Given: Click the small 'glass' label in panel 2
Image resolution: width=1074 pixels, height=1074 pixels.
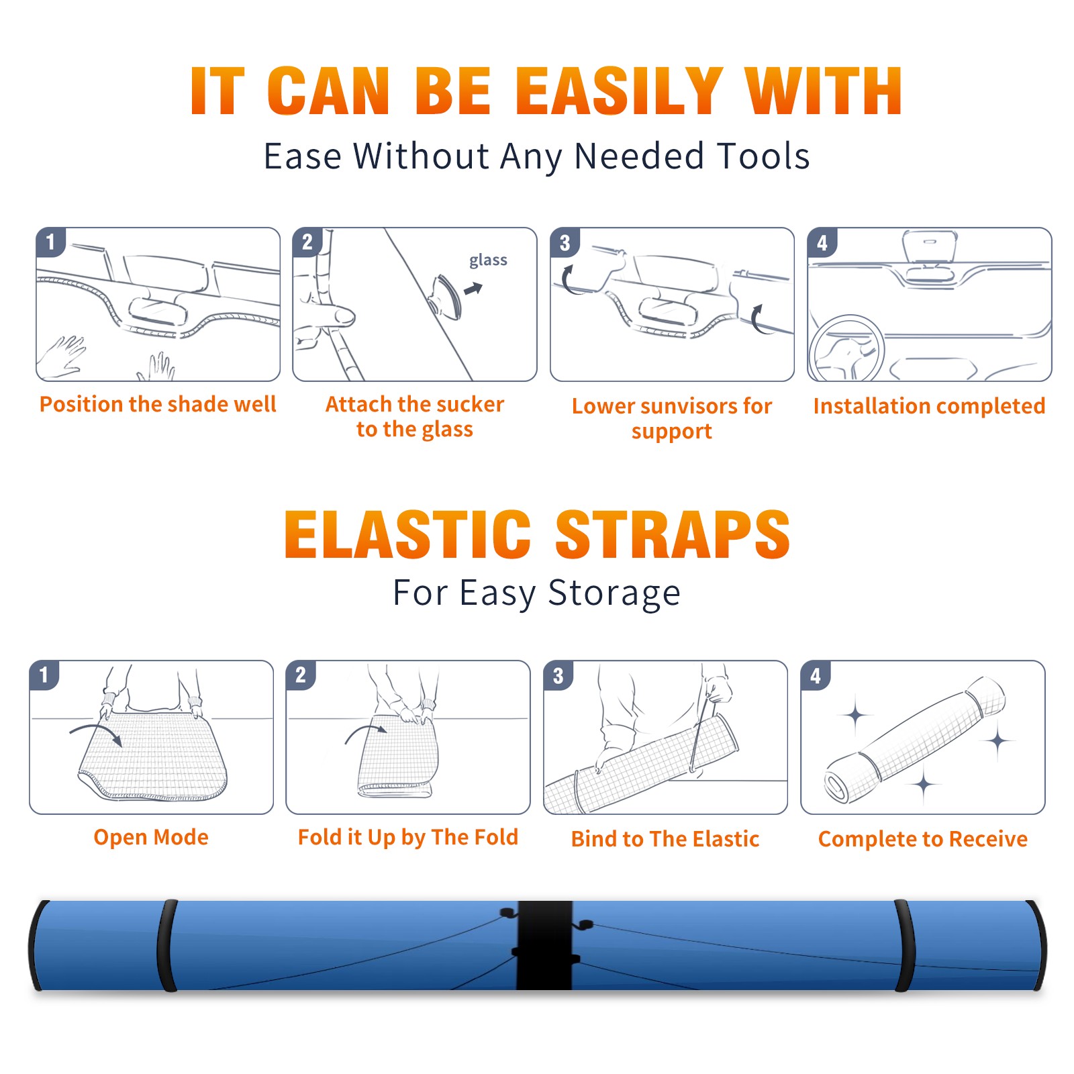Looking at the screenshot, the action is tap(488, 260).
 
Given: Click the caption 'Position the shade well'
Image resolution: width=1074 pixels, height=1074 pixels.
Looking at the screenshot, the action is tap(158, 404).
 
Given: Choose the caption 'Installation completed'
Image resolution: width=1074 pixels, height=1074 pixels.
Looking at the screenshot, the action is tap(929, 406).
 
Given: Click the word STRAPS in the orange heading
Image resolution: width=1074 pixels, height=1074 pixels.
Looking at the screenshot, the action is tap(673, 534).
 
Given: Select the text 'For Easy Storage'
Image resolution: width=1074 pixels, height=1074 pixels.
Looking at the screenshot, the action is tap(537, 593).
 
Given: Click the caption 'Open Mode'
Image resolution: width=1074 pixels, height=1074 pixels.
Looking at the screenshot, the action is tap(151, 837).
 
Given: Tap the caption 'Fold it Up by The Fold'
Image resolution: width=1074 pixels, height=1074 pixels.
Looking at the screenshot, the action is tap(408, 838).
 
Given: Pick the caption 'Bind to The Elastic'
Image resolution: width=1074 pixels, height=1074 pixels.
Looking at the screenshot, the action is tap(665, 839).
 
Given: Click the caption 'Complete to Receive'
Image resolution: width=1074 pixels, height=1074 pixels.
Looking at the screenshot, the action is tap(923, 839).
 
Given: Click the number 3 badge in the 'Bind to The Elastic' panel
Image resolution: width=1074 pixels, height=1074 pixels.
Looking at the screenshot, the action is tap(558, 675).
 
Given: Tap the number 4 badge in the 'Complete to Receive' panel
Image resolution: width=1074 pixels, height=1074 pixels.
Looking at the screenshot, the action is tap(816, 675).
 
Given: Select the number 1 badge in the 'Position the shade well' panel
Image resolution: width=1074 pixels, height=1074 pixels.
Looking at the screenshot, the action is tap(50, 242).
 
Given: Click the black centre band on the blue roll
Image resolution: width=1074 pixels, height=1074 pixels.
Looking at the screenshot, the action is tap(544, 945).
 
